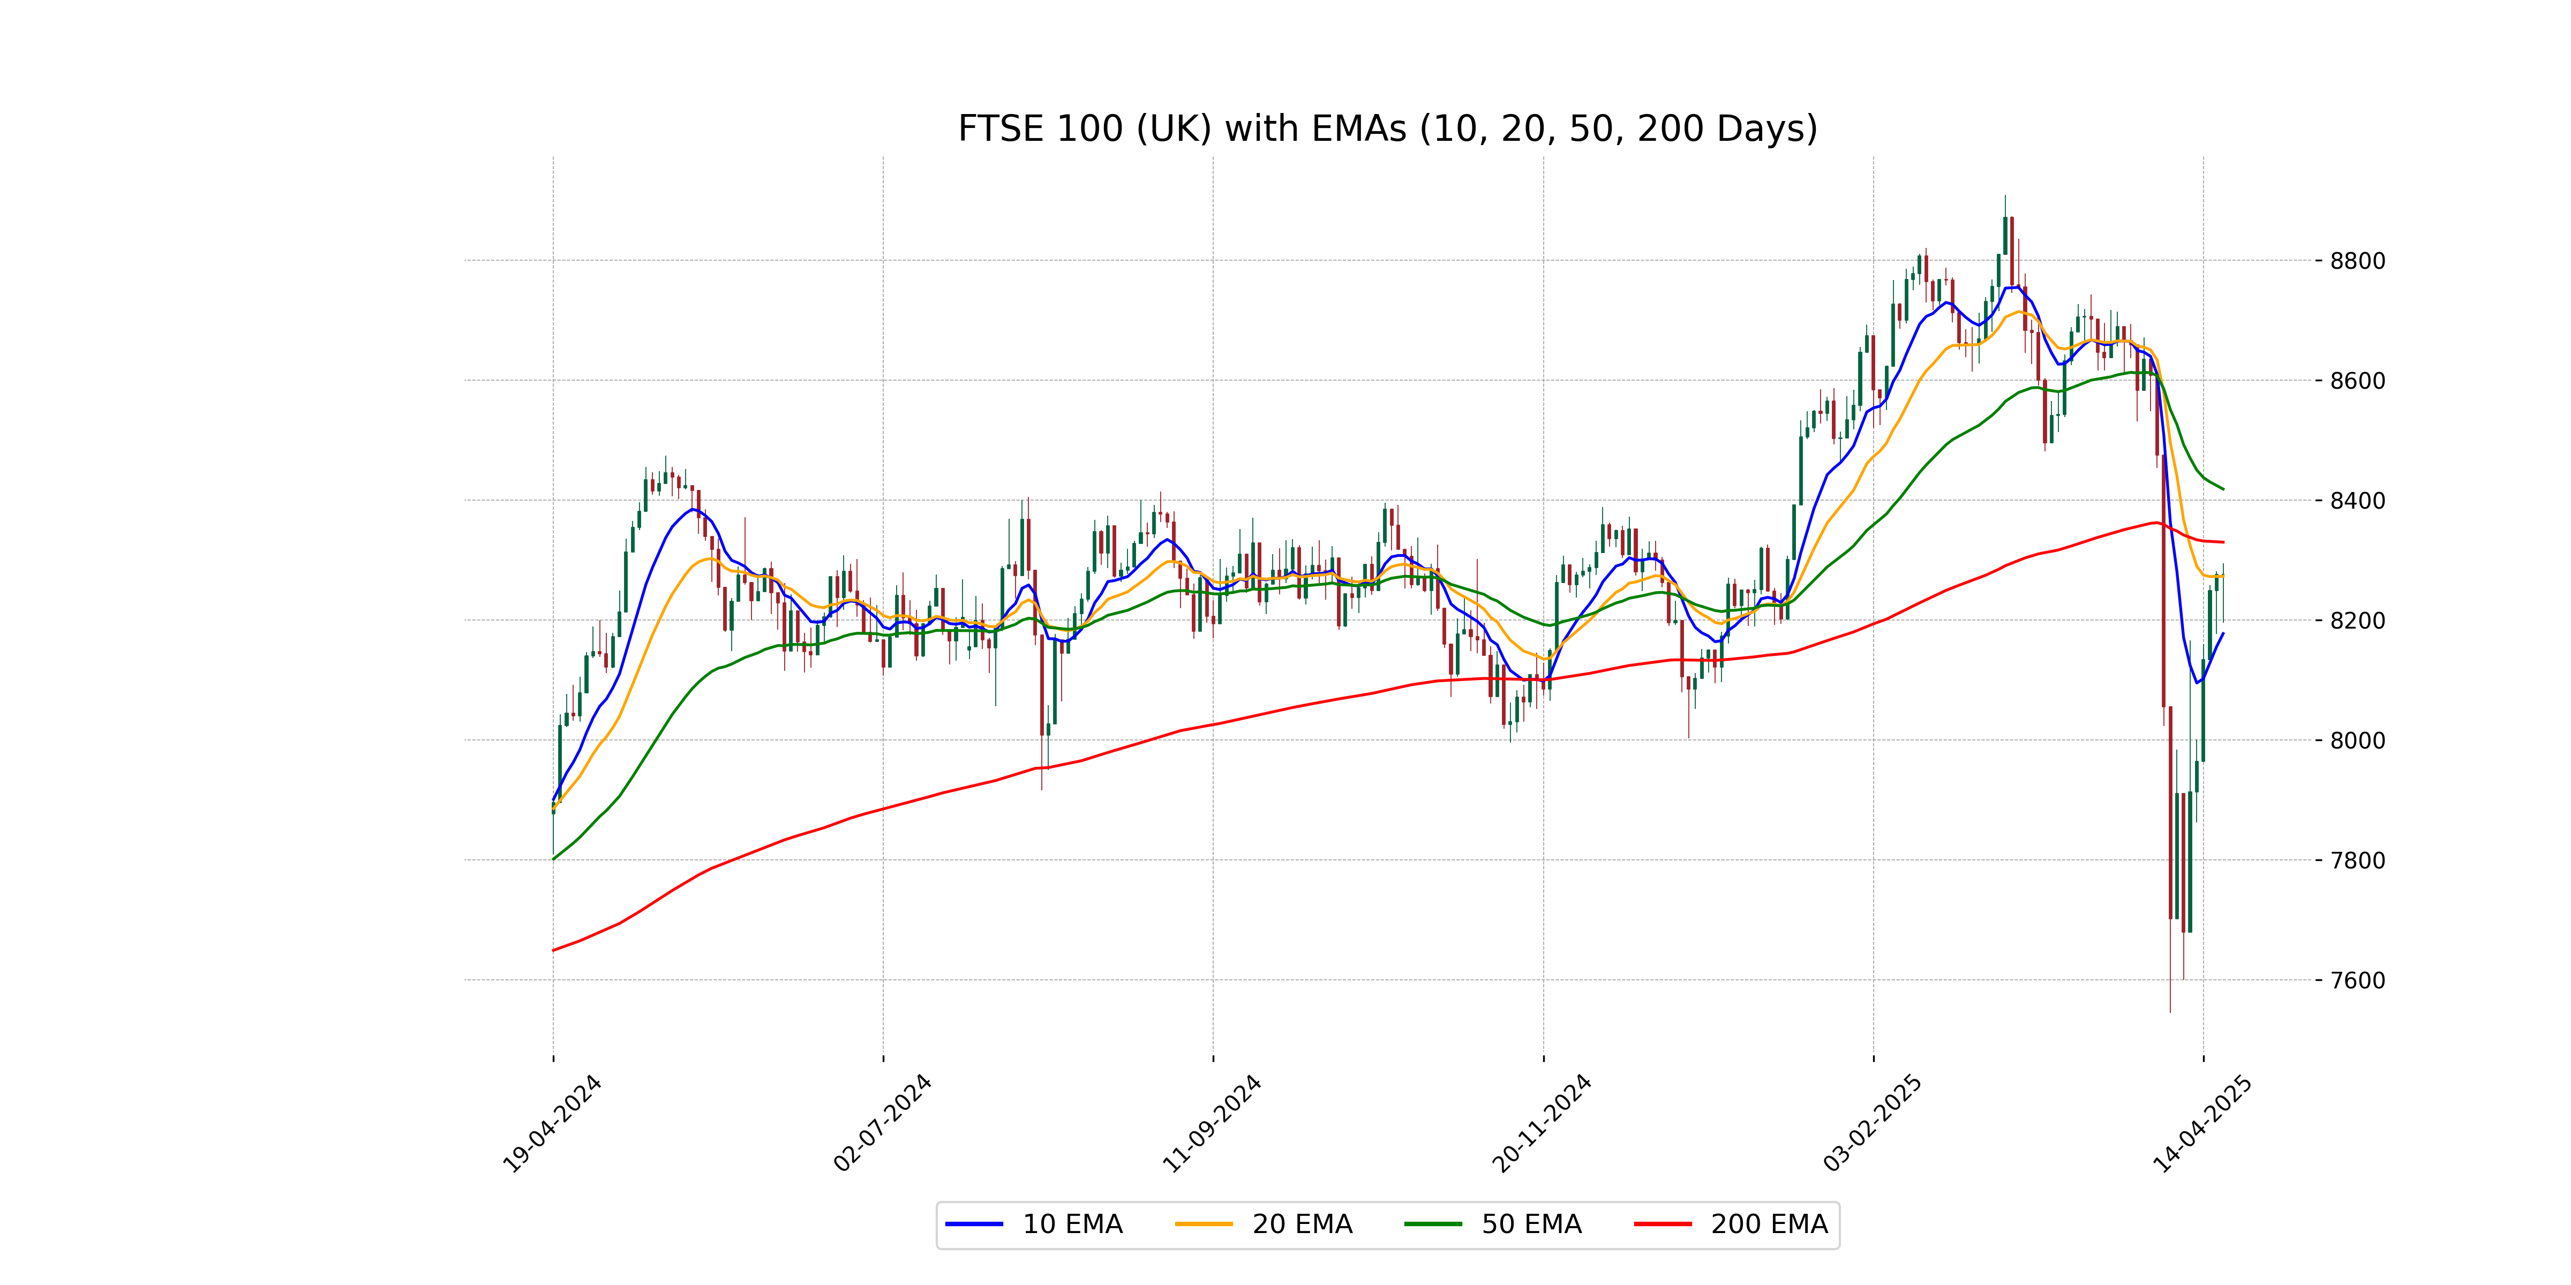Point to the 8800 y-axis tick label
[x=2357, y=261]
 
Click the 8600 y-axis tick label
[x=2357, y=381]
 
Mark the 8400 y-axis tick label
[x=2357, y=501]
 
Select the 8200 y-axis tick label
[x=2357, y=621]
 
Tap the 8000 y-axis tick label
[x=2357, y=740]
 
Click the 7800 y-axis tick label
[x=2357, y=860]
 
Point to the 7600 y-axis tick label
[x=2357, y=980]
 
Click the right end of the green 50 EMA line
[x=2223, y=489]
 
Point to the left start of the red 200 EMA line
[x=554, y=950]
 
